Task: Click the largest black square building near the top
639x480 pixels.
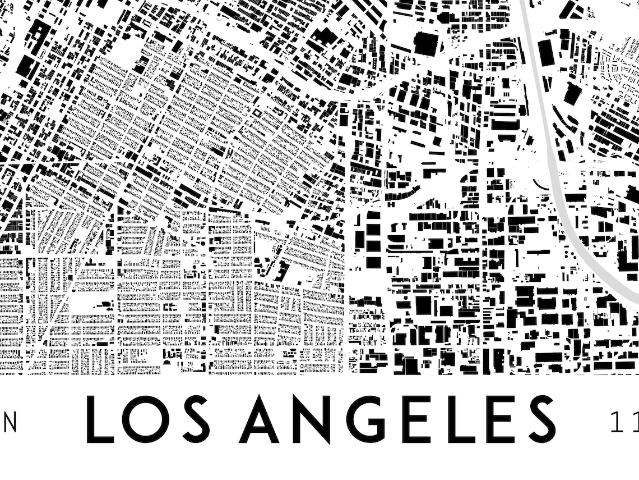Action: click(426, 44)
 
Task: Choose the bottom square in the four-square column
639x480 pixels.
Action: click(373, 262)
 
